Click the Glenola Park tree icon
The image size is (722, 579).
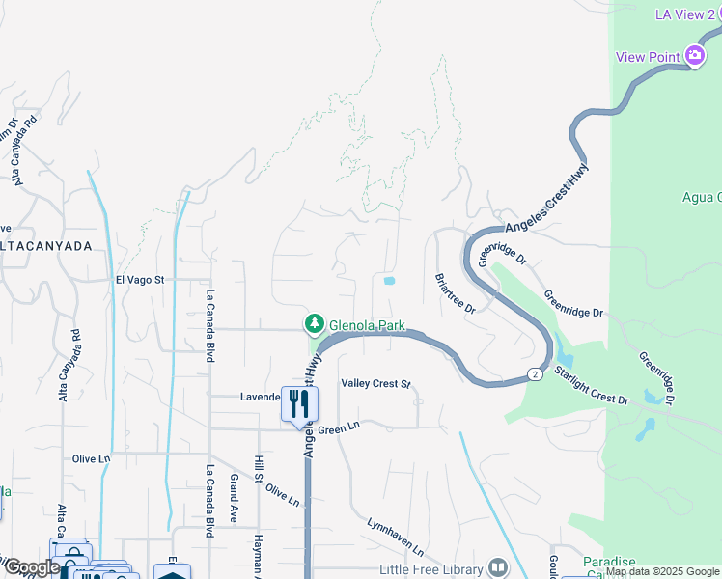313,323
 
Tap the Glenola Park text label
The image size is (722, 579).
366,325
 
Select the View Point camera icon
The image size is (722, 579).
695,56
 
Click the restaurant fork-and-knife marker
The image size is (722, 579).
299,403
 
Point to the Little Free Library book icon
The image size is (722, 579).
498,566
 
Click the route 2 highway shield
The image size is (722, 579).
533,373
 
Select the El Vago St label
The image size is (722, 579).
141,280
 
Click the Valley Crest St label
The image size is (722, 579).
376,383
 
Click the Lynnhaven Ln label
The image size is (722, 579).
395,536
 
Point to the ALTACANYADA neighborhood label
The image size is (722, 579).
45,246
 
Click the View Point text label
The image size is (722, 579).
645,57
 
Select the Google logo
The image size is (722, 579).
31,567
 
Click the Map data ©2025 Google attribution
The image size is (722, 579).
662,572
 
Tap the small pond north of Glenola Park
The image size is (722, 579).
389,281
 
